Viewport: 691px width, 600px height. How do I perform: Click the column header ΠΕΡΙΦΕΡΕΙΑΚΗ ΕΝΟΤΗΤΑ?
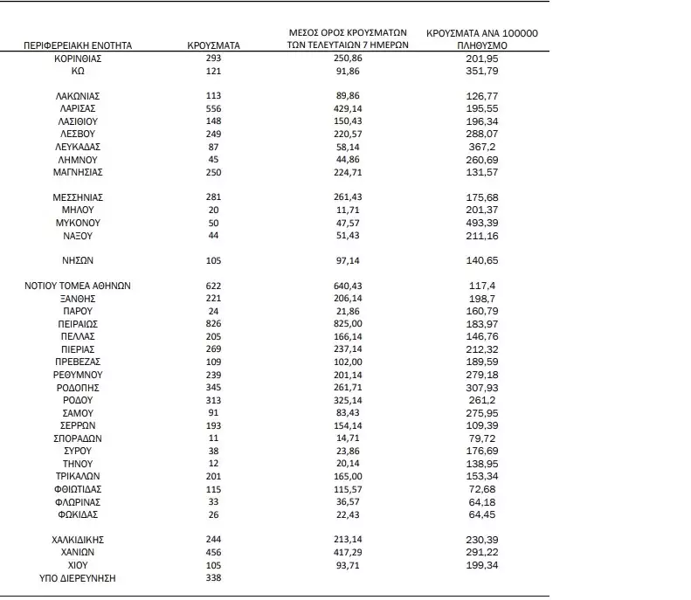click(x=77, y=45)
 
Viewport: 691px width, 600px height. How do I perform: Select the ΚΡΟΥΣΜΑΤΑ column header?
click(x=214, y=45)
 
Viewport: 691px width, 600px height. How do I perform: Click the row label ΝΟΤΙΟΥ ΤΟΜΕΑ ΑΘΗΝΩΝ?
click(x=78, y=286)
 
